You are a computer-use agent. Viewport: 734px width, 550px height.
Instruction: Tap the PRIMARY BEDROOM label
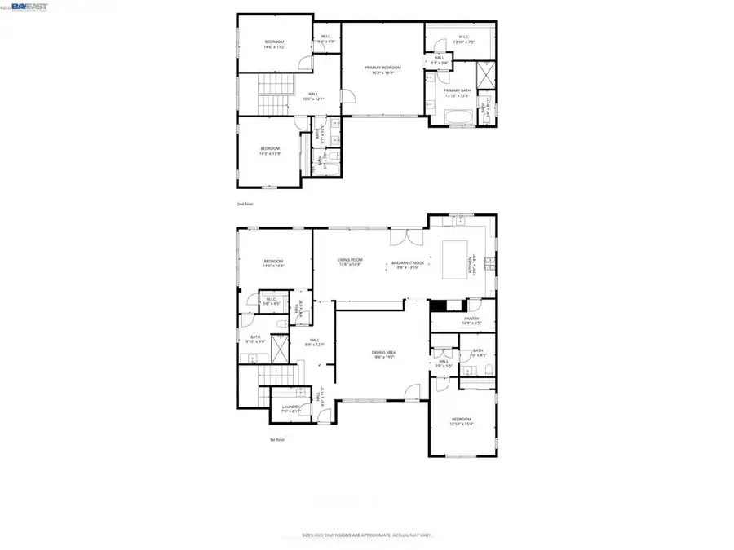[x=382, y=68]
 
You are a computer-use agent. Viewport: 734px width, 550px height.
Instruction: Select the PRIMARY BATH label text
[x=458, y=91]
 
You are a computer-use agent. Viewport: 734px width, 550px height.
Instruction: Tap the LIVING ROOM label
[x=351, y=262]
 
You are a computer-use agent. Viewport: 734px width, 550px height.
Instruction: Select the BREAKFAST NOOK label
[x=407, y=262]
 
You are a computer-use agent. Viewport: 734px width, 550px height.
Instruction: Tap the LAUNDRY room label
[x=291, y=407]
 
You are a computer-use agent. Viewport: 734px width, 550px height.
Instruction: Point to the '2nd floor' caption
[x=245, y=204]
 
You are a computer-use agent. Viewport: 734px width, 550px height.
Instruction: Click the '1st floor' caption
[x=278, y=439]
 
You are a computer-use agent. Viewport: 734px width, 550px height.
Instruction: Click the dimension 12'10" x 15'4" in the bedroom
[x=462, y=424]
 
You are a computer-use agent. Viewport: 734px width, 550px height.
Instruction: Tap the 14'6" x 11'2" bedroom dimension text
[x=274, y=47]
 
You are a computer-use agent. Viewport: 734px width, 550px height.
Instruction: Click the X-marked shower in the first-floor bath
[x=279, y=350]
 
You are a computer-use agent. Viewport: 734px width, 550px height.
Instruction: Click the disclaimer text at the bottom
[x=366, y=535]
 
